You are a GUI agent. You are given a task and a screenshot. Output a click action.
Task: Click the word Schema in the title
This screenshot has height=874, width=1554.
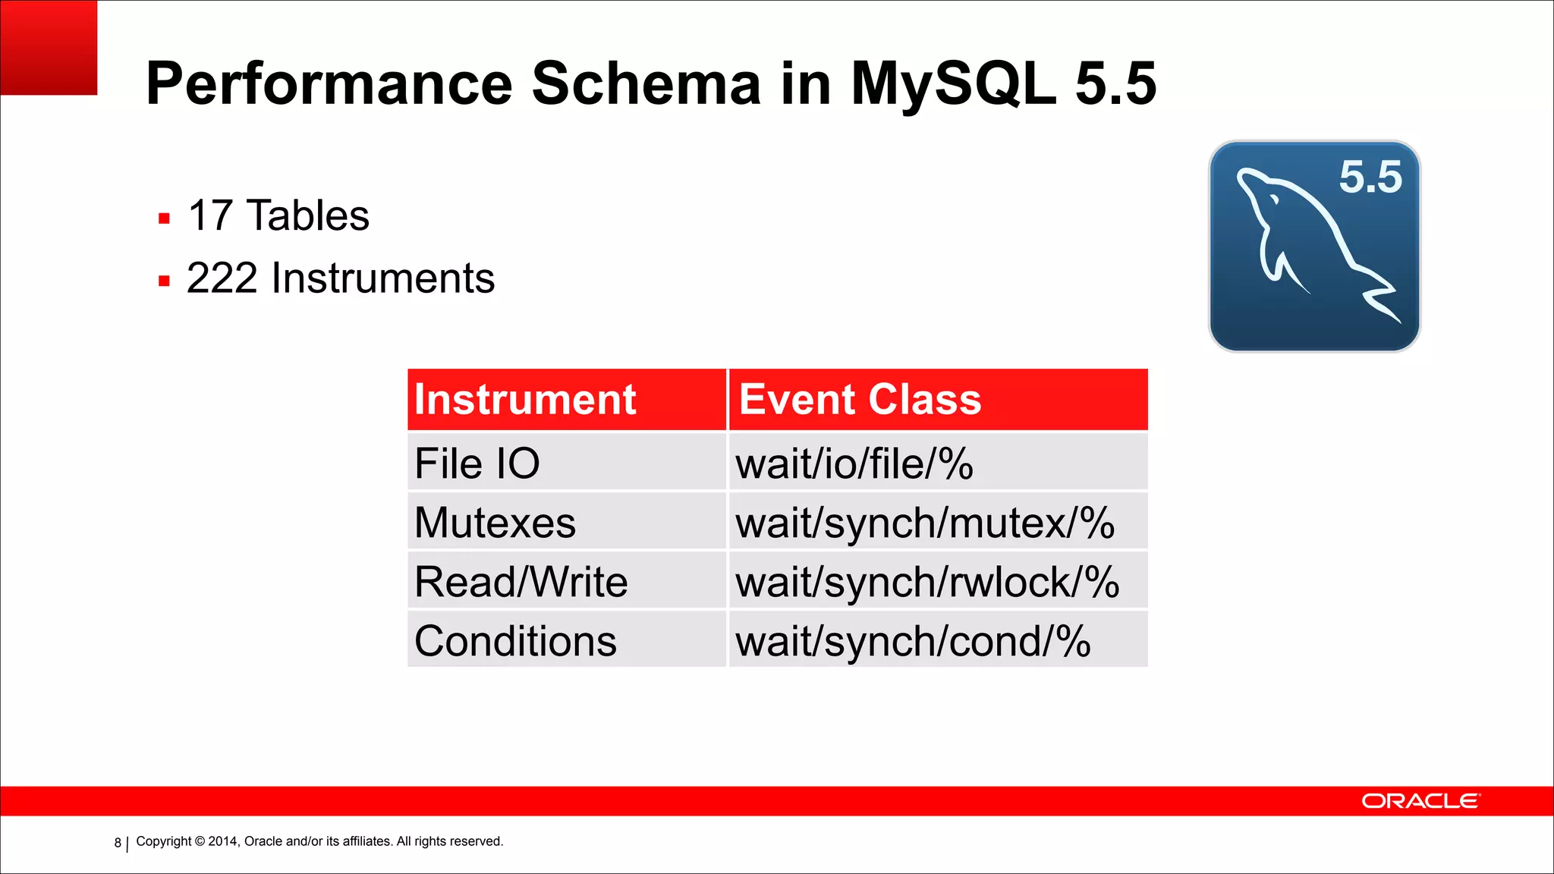[646, 83]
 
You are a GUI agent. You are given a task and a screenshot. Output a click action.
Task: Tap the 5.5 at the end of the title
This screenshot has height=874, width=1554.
[1115, 83]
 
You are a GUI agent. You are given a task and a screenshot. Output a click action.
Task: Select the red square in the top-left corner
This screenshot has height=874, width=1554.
[49, 47]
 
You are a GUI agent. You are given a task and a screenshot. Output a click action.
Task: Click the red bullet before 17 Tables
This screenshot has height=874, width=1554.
[164, 219]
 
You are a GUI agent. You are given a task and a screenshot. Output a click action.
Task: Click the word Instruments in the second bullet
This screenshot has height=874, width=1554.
[382, 278]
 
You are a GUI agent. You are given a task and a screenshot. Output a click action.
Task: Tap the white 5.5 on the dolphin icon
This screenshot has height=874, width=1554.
[1370, 178]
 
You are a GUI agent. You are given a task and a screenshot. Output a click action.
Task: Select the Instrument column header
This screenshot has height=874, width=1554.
[525, 400]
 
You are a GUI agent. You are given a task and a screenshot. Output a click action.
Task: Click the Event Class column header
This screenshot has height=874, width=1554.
[860, 400]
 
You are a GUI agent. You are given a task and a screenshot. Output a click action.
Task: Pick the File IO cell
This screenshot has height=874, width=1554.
[477, 464]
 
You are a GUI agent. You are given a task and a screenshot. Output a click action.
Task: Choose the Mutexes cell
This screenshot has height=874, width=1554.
[495, 523]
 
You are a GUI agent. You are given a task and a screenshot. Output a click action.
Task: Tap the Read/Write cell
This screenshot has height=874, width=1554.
[521, 582]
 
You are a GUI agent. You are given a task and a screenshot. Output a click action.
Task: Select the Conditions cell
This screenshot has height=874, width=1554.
[515, 641]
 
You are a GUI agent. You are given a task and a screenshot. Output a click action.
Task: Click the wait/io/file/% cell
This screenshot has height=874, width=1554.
[854, 464]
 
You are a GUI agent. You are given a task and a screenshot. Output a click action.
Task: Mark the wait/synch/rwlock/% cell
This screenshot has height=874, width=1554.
[926, 582]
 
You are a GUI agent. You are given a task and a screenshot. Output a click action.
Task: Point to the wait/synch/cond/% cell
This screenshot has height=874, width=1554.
[913, 641]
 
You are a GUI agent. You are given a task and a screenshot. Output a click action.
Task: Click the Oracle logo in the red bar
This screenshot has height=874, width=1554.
[1420, 801]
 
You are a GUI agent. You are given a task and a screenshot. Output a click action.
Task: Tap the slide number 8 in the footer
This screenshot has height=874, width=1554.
[118, 842]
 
